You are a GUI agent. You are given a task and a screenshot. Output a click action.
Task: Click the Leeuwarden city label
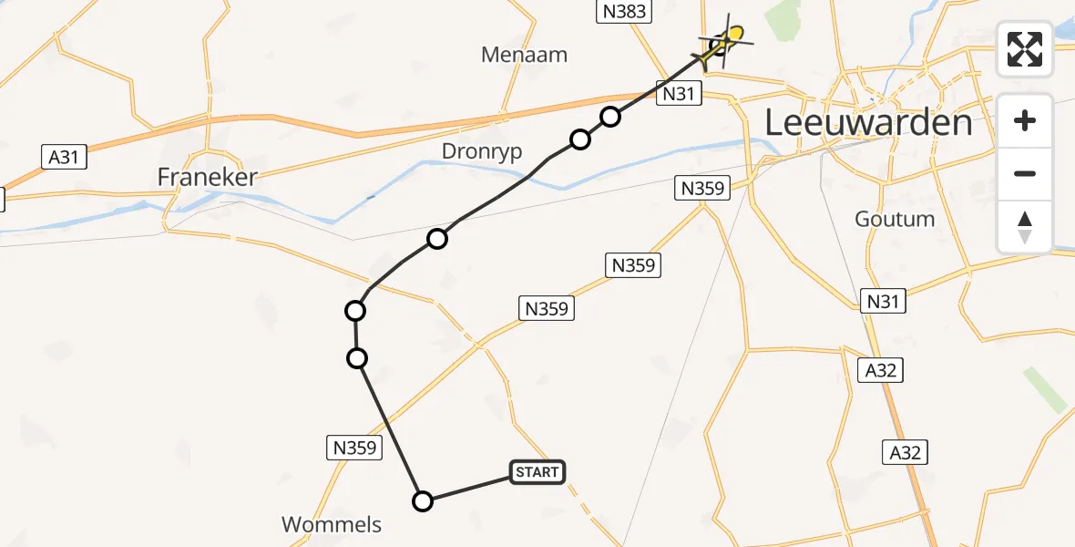[x=868, y=121]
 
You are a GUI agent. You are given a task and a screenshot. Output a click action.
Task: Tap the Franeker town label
[x=208, y=177]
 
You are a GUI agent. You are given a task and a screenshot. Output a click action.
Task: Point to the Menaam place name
[x=524, y=55]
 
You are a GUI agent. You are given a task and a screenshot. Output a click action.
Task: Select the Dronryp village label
[x=482, y=150]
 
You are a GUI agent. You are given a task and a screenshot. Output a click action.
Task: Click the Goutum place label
[x=895, y=219]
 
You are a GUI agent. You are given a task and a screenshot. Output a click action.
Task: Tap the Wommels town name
[x=332, y=524]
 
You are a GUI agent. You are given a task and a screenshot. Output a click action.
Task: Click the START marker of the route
[x=537, y=471]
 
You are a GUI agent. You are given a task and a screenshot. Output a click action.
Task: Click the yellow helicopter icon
[x=726, y=42]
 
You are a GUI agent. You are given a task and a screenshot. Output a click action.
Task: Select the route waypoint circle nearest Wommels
[x=423, y=501]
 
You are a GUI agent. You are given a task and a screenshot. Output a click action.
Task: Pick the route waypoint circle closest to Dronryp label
[x=579, y=139]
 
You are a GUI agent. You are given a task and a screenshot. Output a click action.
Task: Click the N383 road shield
[x=624, y=12]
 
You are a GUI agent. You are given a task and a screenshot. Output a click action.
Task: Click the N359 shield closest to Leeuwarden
[x=702, y=189]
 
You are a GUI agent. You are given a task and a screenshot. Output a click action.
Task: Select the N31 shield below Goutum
[x=883, y=300]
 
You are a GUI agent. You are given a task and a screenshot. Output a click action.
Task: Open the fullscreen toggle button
[x=1025, y=49]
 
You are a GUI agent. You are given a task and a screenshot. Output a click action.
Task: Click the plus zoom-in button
[x=1025, y=120]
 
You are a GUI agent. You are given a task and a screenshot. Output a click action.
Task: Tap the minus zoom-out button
[x=1025, y=173]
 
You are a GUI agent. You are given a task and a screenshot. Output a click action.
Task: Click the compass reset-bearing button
[x=1025, y=226]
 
